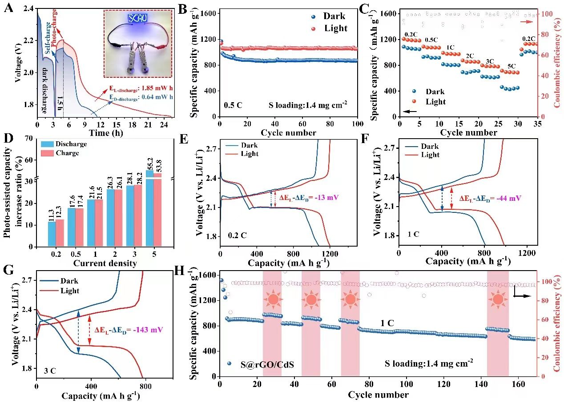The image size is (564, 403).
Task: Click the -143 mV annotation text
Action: [x=129, y=330]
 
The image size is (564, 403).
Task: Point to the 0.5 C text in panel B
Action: [x=233, y=106]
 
